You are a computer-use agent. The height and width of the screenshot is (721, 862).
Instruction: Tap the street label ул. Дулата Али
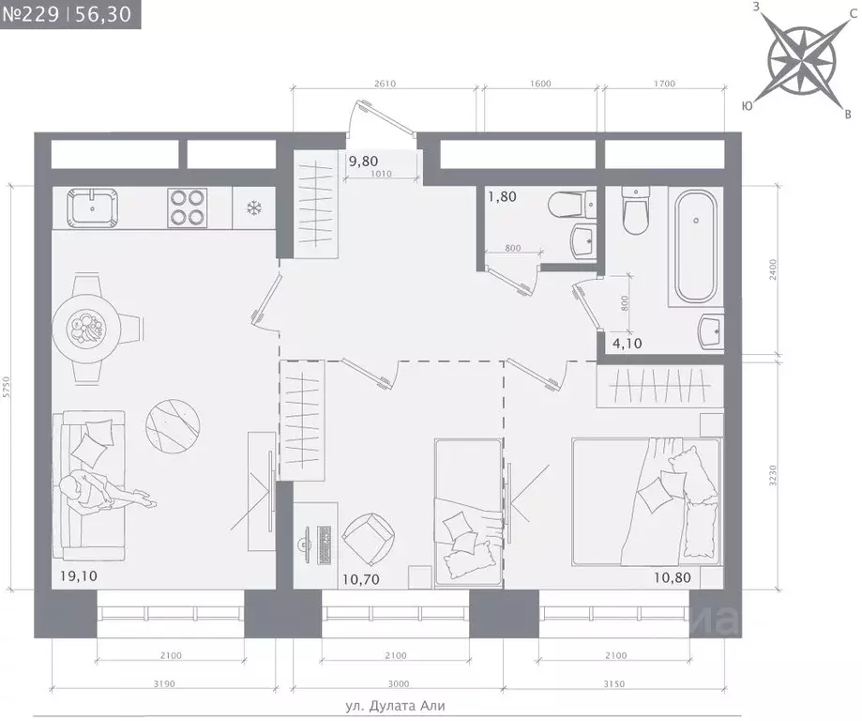(x=395, y=706)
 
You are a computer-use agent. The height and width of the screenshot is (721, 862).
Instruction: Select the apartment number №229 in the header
(x=31, y=14)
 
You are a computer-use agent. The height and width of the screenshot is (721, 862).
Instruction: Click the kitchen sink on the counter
(x=92, y=208)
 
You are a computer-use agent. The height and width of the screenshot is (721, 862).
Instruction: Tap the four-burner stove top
(x=187, y=207)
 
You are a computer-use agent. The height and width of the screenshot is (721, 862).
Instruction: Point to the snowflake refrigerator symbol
(x=253, y=208)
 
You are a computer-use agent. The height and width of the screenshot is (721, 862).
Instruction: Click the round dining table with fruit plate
(x=86, y=330)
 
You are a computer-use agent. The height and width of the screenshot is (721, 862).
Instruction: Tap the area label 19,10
(x=79, y=576)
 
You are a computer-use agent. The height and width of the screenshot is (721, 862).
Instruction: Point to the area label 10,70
(x=360, y=579)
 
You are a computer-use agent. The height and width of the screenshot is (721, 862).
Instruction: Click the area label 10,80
(x=673, y=577)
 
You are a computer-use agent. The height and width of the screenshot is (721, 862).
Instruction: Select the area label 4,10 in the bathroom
(x=628, y=344)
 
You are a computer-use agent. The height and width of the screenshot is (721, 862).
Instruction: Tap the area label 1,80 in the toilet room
(x=502, y=196)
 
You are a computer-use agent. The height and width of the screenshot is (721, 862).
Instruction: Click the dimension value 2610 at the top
(x=385, y=84)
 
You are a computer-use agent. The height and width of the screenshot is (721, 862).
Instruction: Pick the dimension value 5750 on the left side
(x=6, y=388)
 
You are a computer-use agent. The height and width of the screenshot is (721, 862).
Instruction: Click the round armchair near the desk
(x=368, y=539)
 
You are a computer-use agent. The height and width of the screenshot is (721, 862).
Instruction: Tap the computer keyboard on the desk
(x=324, y=545)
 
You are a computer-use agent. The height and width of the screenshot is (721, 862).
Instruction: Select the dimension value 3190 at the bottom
(x=164, y=683)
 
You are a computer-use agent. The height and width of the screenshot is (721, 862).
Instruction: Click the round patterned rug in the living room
(x=173, y=426)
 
